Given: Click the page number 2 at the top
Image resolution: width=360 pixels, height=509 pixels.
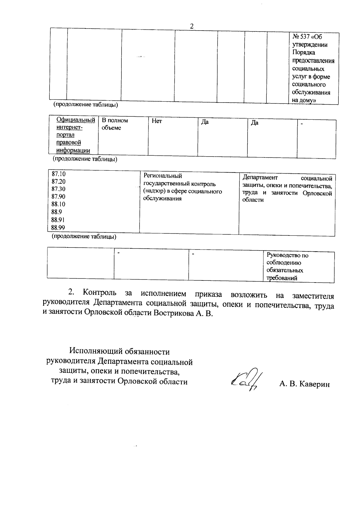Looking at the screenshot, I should point(192,26).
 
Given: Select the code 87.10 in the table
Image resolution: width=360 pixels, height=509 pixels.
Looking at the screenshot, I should point(58,174).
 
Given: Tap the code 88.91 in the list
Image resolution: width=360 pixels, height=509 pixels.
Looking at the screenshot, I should point(58,220).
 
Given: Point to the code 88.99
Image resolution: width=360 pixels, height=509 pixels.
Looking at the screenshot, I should point(58,227).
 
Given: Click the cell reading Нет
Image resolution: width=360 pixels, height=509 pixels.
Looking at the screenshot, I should point(157,121).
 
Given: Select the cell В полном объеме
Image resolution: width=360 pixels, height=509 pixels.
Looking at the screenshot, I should point(115,124).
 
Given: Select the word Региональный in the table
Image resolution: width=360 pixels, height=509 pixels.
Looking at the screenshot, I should point(163,176).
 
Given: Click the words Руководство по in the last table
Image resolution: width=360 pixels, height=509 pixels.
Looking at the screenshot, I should point(287,256).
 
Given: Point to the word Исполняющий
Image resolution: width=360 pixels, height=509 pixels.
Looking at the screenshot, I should point(93,351).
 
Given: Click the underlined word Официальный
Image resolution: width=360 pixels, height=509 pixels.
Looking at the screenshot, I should point(76,120).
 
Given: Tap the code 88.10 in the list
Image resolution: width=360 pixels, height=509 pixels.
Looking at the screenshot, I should point(58,204).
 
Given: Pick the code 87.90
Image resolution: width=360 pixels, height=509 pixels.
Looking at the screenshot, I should point(58,197).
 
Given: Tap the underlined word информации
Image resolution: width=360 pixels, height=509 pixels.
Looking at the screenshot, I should point(73,150).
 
